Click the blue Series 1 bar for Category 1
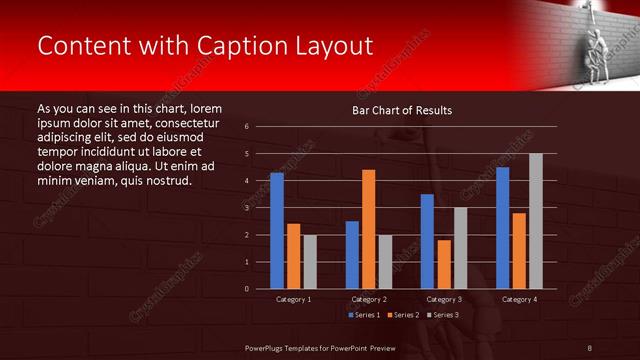tap(277, 231)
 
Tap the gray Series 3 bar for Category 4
tap(535, 221)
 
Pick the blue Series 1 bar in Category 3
tap(427, 241)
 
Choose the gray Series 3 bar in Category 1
tap(309, 262)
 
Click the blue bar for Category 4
tap(502, 228)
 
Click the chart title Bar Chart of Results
tap(401, 110)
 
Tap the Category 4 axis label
tap(518, 299)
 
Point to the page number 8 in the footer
tap(590, 347)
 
